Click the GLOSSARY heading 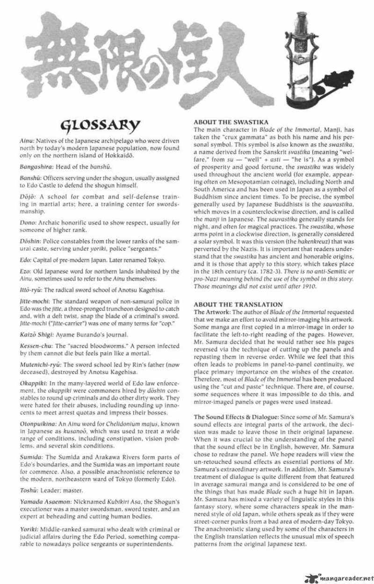click(101, 125)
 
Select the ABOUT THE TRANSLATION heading click(231, 305)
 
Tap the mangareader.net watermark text click(343, 576)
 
